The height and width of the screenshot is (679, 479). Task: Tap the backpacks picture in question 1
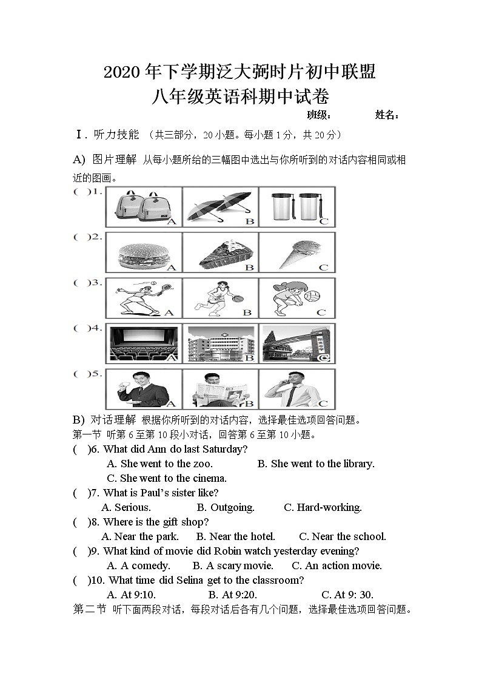[143, 206]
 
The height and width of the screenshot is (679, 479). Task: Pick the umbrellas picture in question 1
[219, 206]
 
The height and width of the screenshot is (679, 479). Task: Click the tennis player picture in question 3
[143, 297]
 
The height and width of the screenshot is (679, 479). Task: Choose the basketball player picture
[219, 297]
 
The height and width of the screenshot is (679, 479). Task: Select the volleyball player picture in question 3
[297, 297]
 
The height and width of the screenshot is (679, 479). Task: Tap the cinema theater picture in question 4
[143, 343]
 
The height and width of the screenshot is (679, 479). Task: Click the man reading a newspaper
[219, 388]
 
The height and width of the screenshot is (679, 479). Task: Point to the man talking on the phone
[297, 388]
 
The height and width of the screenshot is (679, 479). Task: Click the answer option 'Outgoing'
[226, 507]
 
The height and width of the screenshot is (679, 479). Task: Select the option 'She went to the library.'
[316, 464]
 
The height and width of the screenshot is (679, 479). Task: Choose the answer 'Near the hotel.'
[236, 536]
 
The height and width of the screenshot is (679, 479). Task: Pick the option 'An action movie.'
[337, 566]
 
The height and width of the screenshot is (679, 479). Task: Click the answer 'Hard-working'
[323, 507]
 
